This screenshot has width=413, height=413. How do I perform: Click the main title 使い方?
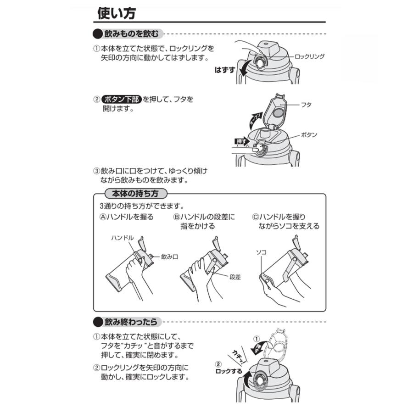pyautogui.click(x=116, y=13)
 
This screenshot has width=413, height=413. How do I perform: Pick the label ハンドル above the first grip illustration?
pyautogui.click(x=122, y=238)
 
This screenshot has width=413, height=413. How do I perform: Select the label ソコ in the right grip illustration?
pyautogui.click(x=261, y=252)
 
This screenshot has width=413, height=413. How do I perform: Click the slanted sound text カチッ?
pyautogui.click(x=239, y=353)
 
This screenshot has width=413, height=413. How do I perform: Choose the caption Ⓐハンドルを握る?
pyautogui.click(x=127, y=217)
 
